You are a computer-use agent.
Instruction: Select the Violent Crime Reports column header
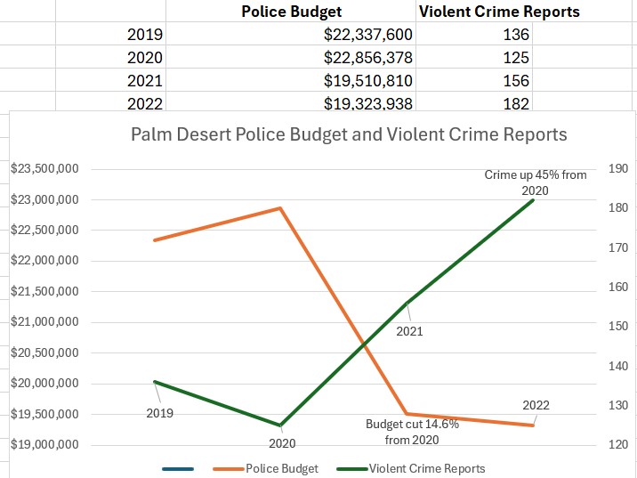[499, 12]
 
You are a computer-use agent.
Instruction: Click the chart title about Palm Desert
[349, 135]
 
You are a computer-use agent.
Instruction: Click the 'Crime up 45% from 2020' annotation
[536, 182]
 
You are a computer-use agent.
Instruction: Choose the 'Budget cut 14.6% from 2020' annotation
[412, 432]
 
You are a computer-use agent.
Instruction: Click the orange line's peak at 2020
[281, 208]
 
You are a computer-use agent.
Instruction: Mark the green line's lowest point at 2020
[281, 425]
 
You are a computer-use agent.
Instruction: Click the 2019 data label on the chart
[160, 413]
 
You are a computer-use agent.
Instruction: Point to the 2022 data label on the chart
[536, 405]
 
